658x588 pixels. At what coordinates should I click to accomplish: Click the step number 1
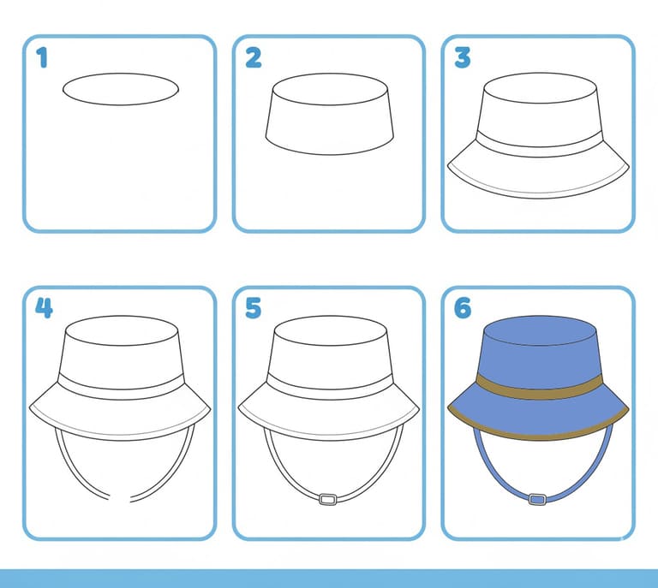tap(42, 57)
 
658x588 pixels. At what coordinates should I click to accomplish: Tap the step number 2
tap(253, 58)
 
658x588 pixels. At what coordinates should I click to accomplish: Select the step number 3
tap(463, 58)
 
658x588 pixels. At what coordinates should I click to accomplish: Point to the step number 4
tap(44, 308)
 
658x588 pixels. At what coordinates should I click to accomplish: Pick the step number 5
tap(253, 308)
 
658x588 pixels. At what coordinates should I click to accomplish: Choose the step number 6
tap(463, 308)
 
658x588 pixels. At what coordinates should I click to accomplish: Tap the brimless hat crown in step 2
tap(330, 114)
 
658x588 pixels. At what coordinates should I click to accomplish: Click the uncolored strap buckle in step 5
tap(328, 499)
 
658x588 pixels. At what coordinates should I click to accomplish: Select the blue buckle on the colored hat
tap(537, 499)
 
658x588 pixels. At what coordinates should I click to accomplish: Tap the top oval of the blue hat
tap(540, 330)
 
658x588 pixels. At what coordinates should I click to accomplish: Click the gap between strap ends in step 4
tap(120, 499)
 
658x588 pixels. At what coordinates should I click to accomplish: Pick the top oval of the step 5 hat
tap(330, 330)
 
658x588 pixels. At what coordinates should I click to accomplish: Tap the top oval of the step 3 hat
tap(540, 88)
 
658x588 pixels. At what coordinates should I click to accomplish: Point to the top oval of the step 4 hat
tap(122, 330)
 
